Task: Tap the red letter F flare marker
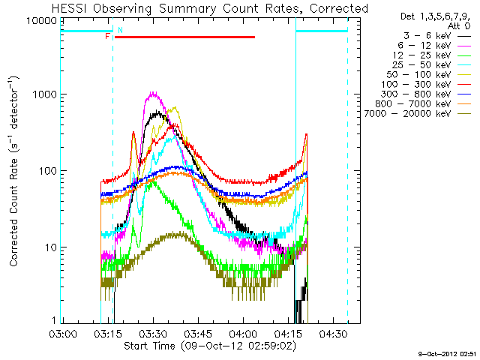[108, 36]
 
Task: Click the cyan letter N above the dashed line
[120, 30]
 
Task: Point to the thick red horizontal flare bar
[184, 37]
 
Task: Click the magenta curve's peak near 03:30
[153, 94]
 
